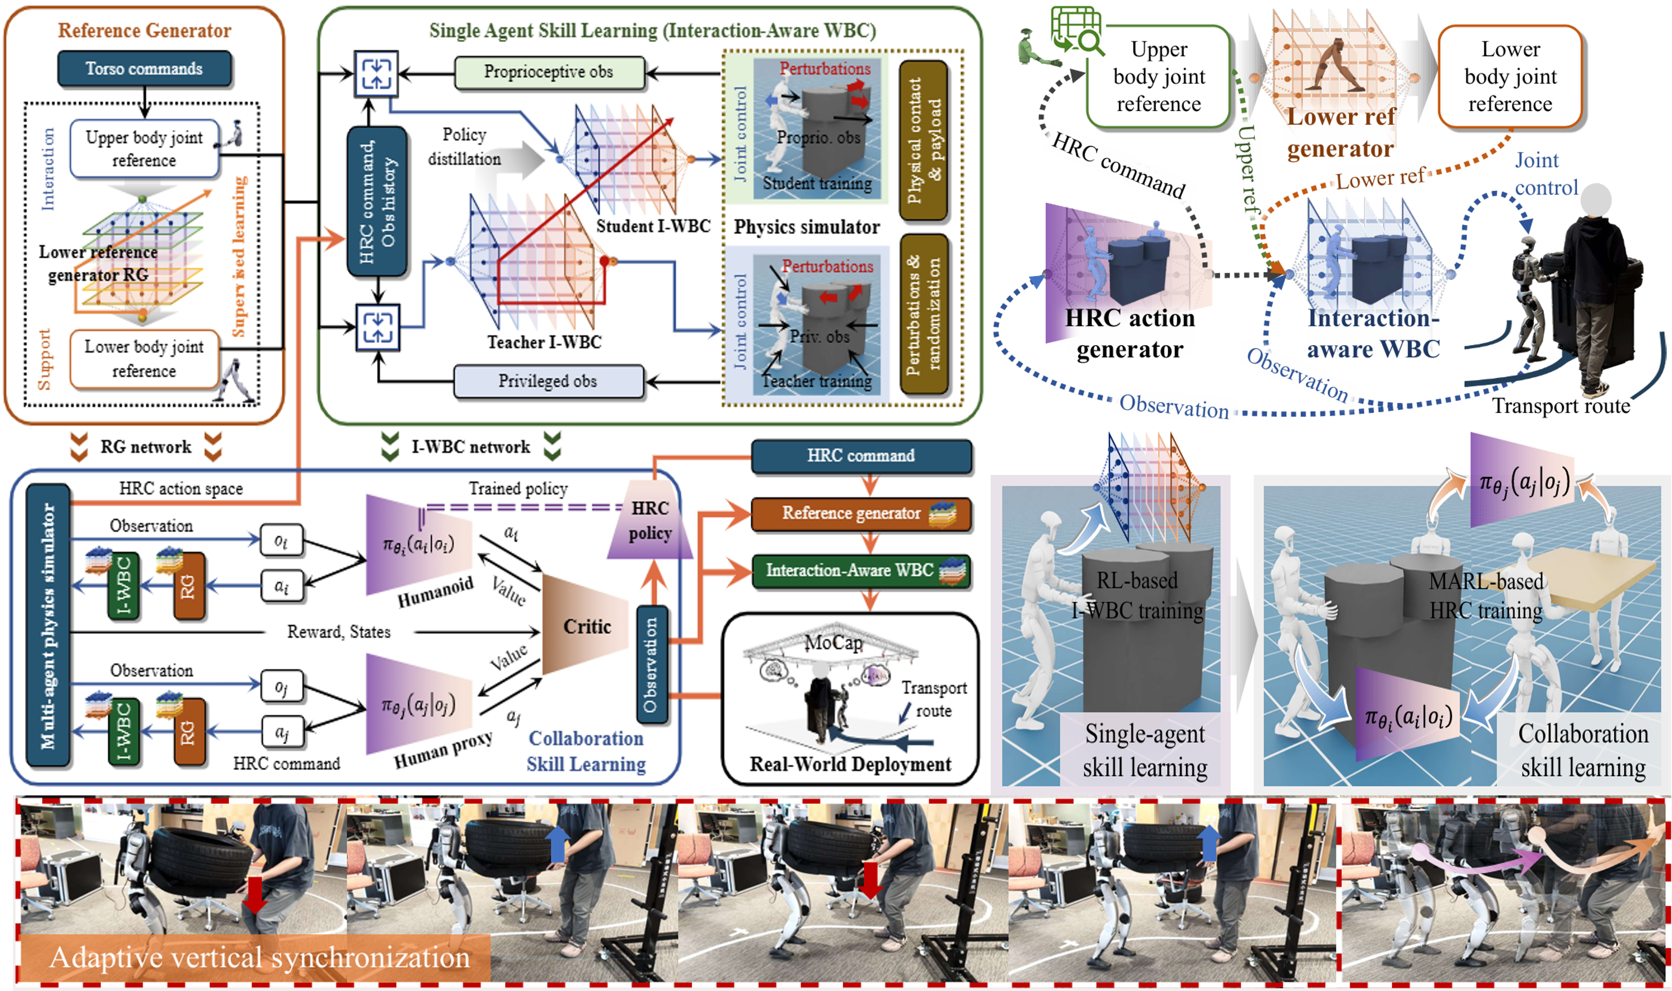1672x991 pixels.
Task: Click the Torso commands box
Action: (x=144, y=69)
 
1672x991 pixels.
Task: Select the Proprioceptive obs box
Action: (x=549, y=72)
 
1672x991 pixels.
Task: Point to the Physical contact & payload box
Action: (x=924, y=140)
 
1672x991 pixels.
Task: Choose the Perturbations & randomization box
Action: (x=924, y=314)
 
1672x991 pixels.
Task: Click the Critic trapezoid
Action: (x=585, y=626)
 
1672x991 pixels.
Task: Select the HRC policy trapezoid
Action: (x=650, y=521)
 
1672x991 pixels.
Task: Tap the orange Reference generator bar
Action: (x=860, y=513)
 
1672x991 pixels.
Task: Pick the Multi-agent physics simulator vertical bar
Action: (x=47, y=625)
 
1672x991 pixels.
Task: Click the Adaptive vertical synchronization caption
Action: (x=260, y=957)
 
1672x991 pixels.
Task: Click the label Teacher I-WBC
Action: (x=544, y=343)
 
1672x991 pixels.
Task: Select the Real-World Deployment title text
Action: (x=850, y=764)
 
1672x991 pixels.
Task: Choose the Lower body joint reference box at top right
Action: (x=1510, y=77)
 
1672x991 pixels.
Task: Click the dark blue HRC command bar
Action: (x=860, y=456)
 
